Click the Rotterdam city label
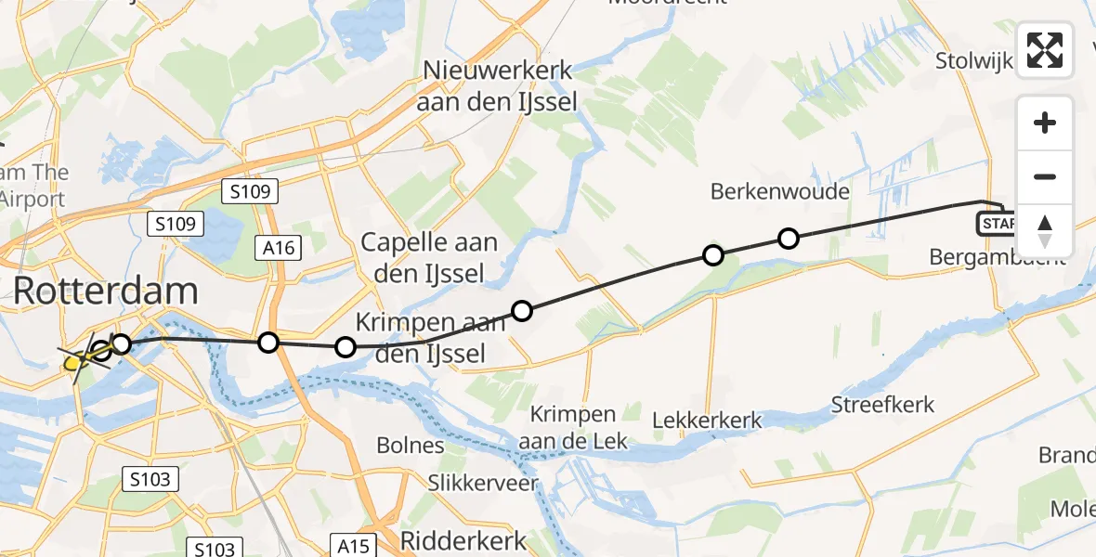[105, 291]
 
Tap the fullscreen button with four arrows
[1045, 49]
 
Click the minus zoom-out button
[1045, 176]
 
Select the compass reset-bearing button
[1045, 230]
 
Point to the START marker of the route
[996, 224]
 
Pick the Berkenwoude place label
[780, 192]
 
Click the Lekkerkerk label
[707, 421]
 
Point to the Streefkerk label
[882, 405]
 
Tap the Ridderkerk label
[463, 540]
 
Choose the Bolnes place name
[411, 445]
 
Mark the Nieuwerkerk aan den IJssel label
[497, 85]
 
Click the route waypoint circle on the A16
[268, 343]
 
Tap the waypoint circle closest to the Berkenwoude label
[788, 239]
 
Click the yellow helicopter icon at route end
[74, 363]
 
